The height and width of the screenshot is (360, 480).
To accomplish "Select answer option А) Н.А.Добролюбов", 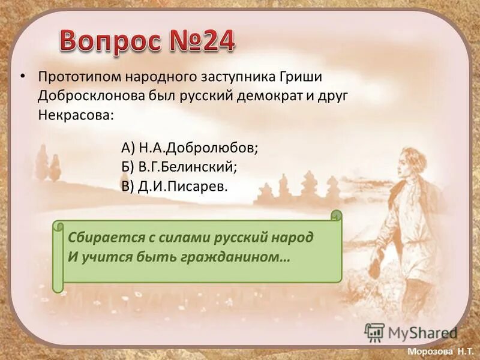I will pyautogui.click(x=190, y=147).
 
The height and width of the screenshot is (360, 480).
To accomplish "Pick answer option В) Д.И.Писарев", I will pyautogui.click(x=175, y=185).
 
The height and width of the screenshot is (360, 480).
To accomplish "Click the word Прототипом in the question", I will pyautogui.click(x=80, y=77).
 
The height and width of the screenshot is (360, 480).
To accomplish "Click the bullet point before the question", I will pyautogui.click(x=23, y=77).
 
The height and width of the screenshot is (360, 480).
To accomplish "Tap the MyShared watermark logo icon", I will pyautogui.click(x=374, y=331).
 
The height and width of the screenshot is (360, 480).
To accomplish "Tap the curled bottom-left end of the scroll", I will pyautogui.click(x=58, y=286).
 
